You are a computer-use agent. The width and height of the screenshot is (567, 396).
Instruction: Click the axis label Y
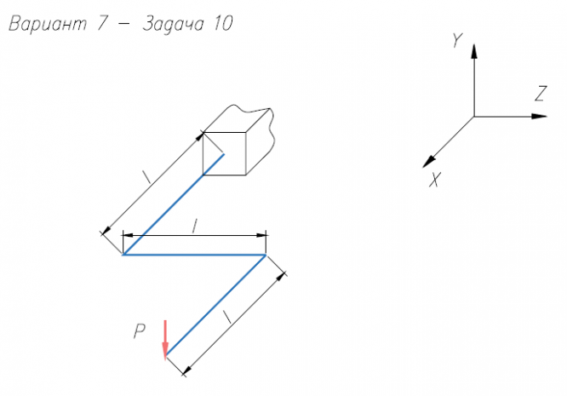tap(457, 40)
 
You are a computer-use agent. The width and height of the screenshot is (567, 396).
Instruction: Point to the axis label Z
tap(539, 95)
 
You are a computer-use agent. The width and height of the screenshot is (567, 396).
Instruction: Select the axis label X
tap(434, 179)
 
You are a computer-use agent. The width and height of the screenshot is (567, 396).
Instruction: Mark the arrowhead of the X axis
tap(429, 160)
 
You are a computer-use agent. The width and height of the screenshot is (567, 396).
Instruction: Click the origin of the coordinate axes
tap(473, 116)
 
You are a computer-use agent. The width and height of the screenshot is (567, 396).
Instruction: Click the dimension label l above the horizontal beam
tap(195, 226)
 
